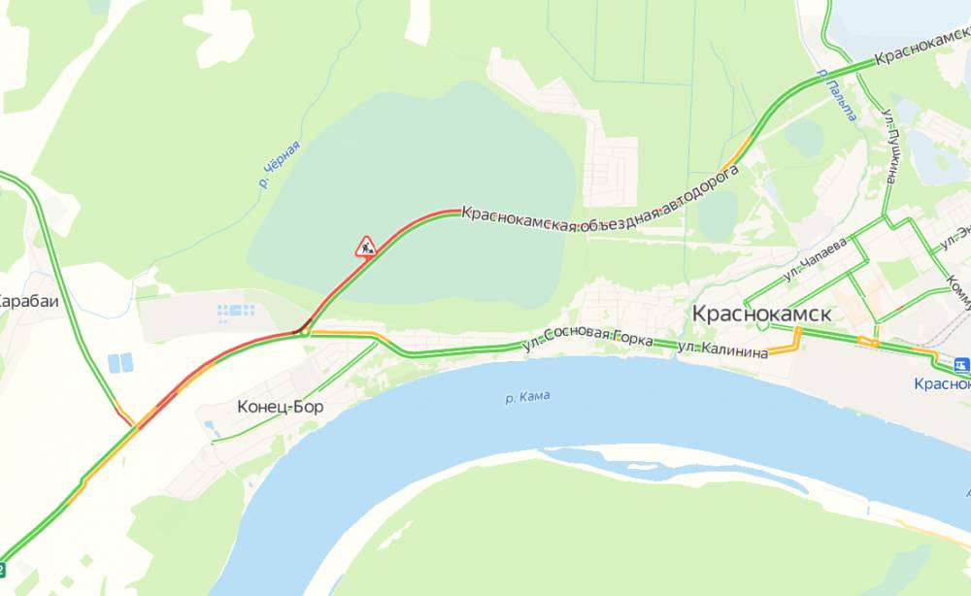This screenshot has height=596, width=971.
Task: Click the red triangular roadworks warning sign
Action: coord(366,247)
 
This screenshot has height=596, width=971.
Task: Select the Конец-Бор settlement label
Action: coord(280,408)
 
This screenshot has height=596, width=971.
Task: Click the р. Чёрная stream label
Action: coord(280,164)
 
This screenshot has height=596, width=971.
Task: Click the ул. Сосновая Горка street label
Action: coord(587,339)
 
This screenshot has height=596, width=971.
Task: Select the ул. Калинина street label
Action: coord(721,350)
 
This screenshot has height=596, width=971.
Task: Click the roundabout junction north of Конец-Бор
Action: coord(305,332)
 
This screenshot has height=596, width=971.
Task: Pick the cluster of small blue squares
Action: coord(236,312)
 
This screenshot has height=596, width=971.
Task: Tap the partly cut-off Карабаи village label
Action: coord(27,301)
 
